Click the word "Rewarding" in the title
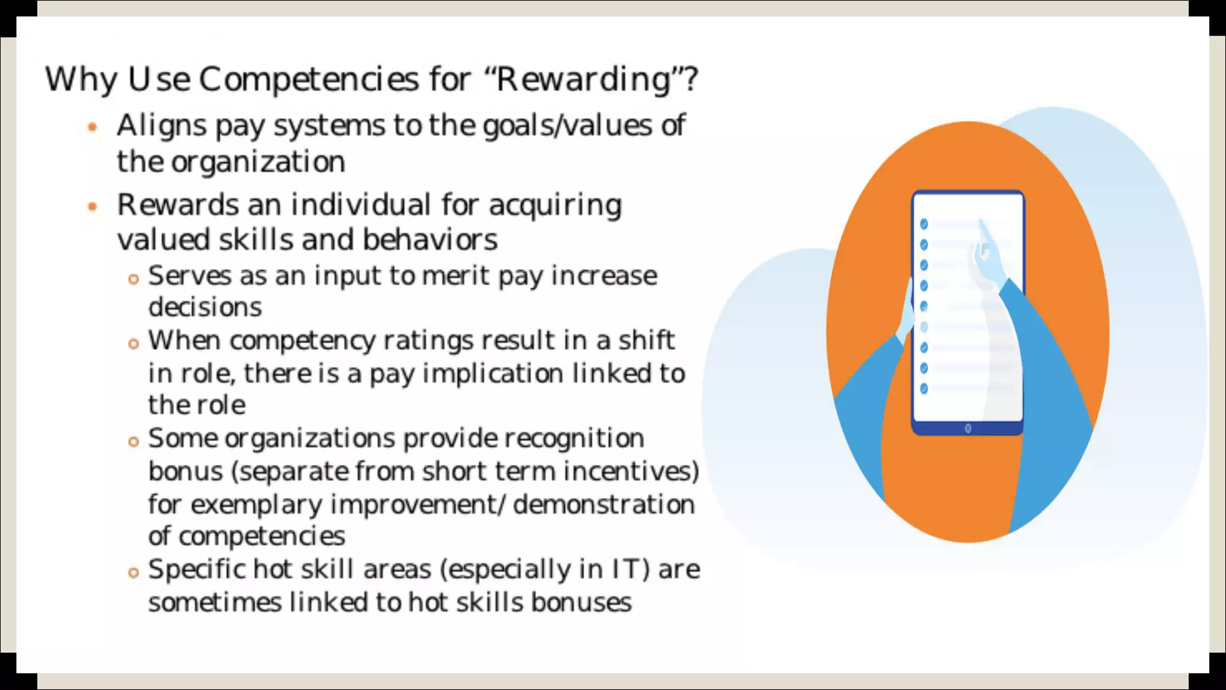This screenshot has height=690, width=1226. [584, 80]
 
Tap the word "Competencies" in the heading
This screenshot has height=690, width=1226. [308, 80]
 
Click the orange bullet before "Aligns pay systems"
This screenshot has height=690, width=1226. [92, 127]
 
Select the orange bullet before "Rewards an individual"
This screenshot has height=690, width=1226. [92, 207]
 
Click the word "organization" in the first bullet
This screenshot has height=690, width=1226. [258, 162]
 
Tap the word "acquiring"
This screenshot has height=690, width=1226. [555, 205]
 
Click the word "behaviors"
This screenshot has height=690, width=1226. [430, 240]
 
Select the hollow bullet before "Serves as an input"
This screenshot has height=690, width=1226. [133, 279]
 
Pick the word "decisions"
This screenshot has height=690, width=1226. [205, 308]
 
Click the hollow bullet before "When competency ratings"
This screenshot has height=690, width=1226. [133, 344]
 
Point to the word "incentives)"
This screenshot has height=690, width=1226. [631, 471]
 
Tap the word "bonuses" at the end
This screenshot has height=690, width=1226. [581, 603]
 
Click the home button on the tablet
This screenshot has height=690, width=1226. [968, 428]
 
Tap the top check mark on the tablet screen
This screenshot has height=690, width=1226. [924, 224]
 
